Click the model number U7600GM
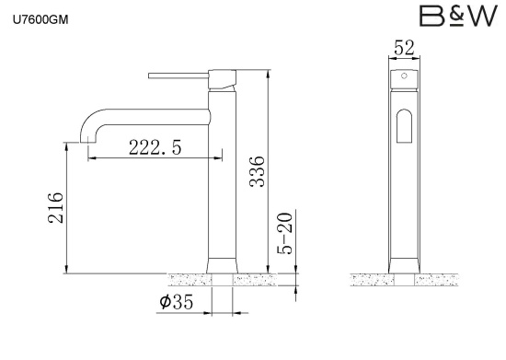point(40,20)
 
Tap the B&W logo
point(458,17)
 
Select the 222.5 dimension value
point(155,147)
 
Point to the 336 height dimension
point(258,171)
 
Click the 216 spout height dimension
point(55,208)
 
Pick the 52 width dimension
point(404,48)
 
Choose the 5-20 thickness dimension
point(285,233)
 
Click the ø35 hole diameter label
point(177,302)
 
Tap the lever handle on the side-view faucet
point(178,75)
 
